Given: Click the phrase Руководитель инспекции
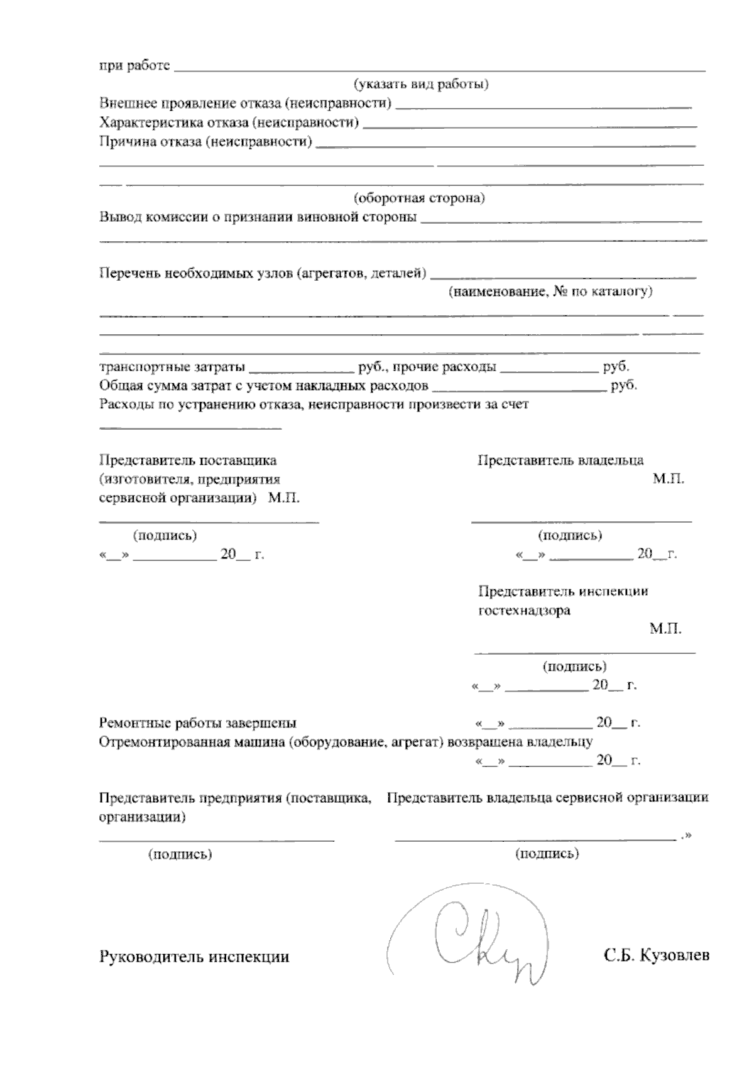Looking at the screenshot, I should tap(194, 957).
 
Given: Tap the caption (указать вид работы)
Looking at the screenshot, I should tap(421, 84).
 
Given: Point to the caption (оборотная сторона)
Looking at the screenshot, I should tap(419, 199).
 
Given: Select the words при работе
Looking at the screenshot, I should tap(134, 65).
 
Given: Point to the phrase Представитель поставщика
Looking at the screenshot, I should tap(188, 460).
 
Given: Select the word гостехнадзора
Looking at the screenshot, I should tap(525, 610).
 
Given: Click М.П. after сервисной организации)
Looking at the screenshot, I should tap(283, 498).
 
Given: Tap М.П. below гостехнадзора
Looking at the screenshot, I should tap(665, 629).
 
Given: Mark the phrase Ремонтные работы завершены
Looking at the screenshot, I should tap(198, 723).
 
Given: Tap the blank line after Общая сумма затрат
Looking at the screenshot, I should tap(519, 389).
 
